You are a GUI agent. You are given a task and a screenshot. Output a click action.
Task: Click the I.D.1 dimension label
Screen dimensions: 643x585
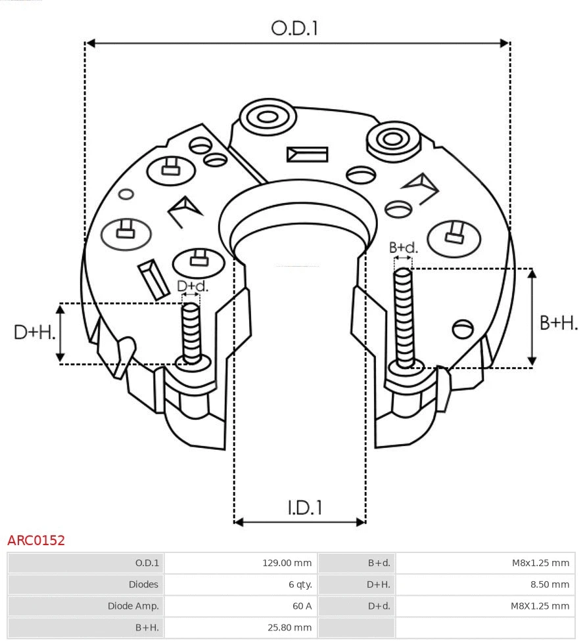coord(304,507)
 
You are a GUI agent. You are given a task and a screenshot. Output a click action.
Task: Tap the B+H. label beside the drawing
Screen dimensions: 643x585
coord(559,322)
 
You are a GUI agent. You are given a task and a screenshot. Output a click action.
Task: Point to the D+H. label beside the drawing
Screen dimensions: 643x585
coord(34,332)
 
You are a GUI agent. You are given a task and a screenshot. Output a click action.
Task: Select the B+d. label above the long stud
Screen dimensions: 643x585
coord(403,248)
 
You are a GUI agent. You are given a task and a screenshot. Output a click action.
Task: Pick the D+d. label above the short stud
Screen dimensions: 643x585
coord(192,286)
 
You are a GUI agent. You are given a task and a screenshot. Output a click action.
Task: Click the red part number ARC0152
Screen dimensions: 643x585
coord(36,541)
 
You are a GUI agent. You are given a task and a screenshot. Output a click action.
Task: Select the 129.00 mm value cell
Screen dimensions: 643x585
coord(287,563)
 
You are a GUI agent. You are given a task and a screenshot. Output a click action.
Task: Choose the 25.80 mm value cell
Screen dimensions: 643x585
coord(289,628)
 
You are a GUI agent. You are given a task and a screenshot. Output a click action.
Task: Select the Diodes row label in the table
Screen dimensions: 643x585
coord(143,585)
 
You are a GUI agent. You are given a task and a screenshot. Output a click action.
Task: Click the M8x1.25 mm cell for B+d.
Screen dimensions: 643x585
coord(540,563)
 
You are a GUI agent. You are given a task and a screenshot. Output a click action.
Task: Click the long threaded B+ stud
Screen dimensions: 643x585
coord(404,315)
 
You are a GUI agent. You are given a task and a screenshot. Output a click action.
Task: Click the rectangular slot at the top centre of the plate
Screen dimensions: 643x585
coord(307,154)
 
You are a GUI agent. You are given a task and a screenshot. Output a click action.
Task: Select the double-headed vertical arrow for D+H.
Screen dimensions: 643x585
coord(60,333)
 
